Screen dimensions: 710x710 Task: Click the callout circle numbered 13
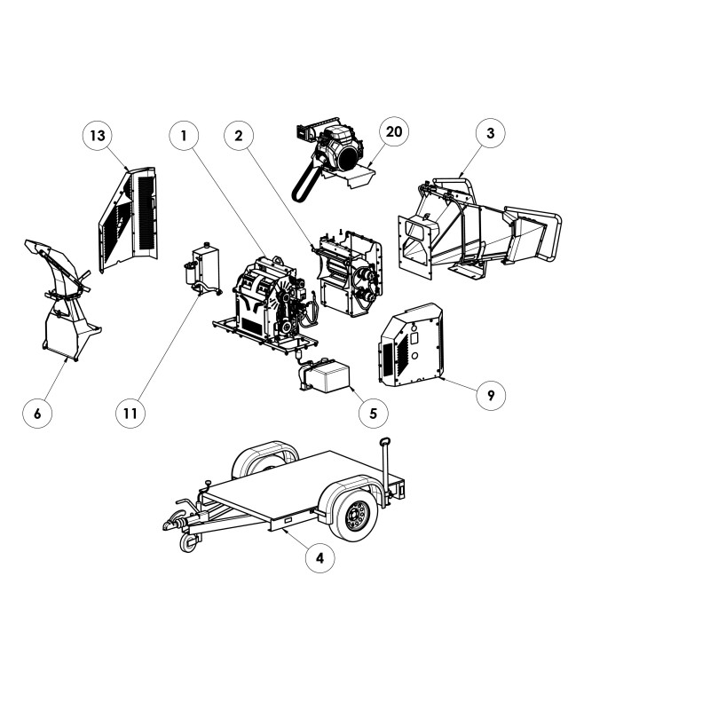pos(98,136)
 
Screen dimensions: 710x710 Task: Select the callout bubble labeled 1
pos(184,136)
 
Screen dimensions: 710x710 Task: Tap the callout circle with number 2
pos(239,136)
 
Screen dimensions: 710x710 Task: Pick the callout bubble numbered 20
pos(393,131)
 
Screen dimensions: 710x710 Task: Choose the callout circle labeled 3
pos(491,133)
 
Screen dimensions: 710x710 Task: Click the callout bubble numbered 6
pos(37,413)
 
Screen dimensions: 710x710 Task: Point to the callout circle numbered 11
pos(130,413)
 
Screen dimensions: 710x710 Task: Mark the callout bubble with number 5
pos(373,413)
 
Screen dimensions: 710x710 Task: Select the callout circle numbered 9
pos(491,395)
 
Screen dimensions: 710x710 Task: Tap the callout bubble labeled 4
pos(319,558)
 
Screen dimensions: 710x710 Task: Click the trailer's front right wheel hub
pos(356,515)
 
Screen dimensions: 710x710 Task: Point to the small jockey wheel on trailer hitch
pos(189,542)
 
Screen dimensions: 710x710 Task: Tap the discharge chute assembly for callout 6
pos(63,299)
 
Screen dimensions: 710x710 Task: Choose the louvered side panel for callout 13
pos(129,219)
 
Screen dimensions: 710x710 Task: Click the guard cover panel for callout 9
pos(411,345)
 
